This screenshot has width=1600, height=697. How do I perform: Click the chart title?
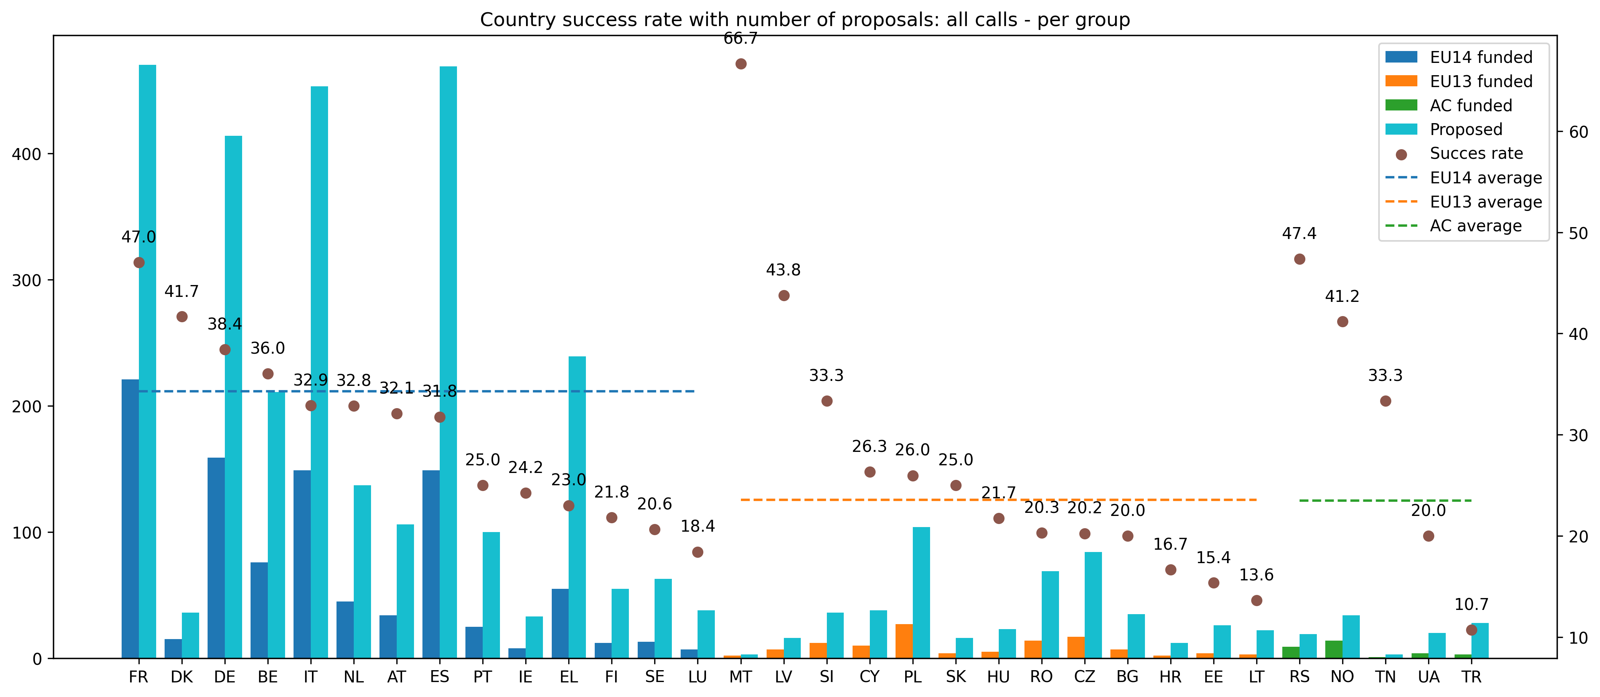[x=804, y=20]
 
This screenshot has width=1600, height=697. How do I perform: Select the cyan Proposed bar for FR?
[x=147, y=360]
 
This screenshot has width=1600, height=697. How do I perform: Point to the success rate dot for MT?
[x=741, y=64]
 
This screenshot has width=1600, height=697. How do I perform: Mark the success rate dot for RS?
[x=1300, y=259]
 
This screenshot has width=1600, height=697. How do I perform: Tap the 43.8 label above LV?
[x=783, y=270]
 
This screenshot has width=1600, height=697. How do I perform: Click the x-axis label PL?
[x=912, y=677]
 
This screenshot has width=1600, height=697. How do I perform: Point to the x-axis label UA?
[x=1428, y=677]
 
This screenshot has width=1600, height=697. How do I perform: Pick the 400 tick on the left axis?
[x=26, y=154]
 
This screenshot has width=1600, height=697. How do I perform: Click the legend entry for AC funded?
[x=1470, y=105]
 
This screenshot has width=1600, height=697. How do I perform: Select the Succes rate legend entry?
[x=1476, y=153]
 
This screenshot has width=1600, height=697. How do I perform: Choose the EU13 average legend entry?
[x=1485, y=202]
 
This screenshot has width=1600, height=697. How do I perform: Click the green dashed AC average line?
[x=1385, y=500]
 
